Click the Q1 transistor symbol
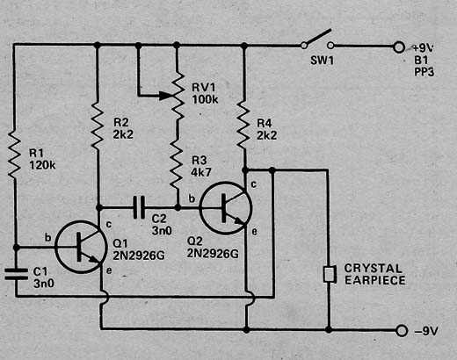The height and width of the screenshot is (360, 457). (x=81, y=247)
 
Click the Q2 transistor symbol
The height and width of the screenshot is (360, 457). (x=225, y=208)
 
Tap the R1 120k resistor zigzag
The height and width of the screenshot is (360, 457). (x=14, y=155)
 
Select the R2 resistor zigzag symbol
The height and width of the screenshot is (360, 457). (x=98, y=126)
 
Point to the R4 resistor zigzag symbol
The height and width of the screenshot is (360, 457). (x=243, y=125)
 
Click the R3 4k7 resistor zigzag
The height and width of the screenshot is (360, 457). (x=177, y=164)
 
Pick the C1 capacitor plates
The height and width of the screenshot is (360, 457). (x=16, y=274)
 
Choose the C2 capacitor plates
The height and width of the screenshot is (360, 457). (x=139, y=207)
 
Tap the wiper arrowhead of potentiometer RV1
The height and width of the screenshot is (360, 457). (x=165, y=96)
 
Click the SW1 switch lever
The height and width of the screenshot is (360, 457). (x=317, y=37)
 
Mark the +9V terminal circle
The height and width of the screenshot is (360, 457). (x=399, y=47)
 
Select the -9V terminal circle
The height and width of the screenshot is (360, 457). (x=402, y=331)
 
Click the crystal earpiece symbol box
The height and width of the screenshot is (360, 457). (x=330, y=274)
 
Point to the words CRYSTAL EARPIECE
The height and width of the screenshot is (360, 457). (x=374, y=274)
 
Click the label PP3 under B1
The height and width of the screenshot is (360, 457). (x=424, y=71)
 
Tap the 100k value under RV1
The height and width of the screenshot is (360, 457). (x=205, y=99)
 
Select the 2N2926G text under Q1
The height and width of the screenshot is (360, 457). (x=139, y=256)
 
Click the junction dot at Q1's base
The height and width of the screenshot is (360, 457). (x=16, y=248)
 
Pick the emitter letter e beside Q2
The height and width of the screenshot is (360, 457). (x=254, y=232)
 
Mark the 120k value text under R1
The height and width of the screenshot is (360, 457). (x=42, y=165)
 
